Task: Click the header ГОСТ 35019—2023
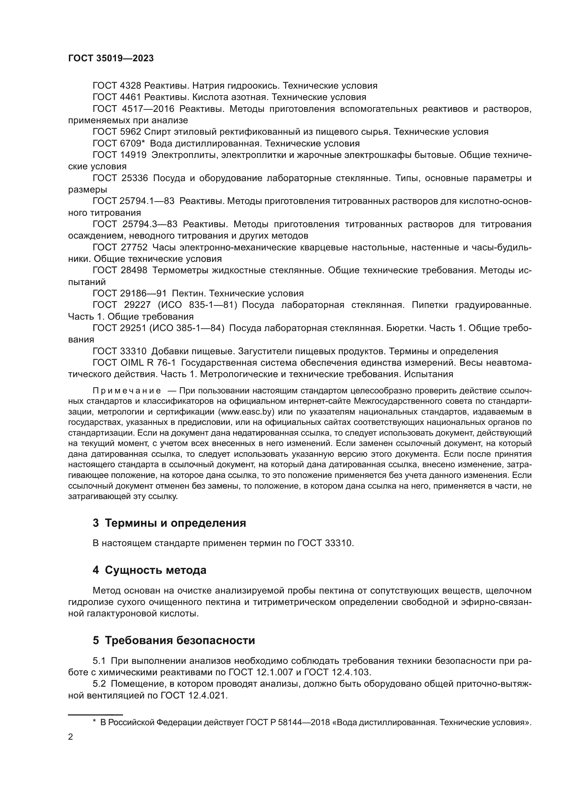click(x=111, y=59)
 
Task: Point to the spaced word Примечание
click(x=127, y=391)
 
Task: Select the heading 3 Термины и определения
click(x=169, y=523)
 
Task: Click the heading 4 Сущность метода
click(x=149, y=570)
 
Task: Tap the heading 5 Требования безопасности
click(x=174, y=640)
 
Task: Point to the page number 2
click(x=70, y=737)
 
